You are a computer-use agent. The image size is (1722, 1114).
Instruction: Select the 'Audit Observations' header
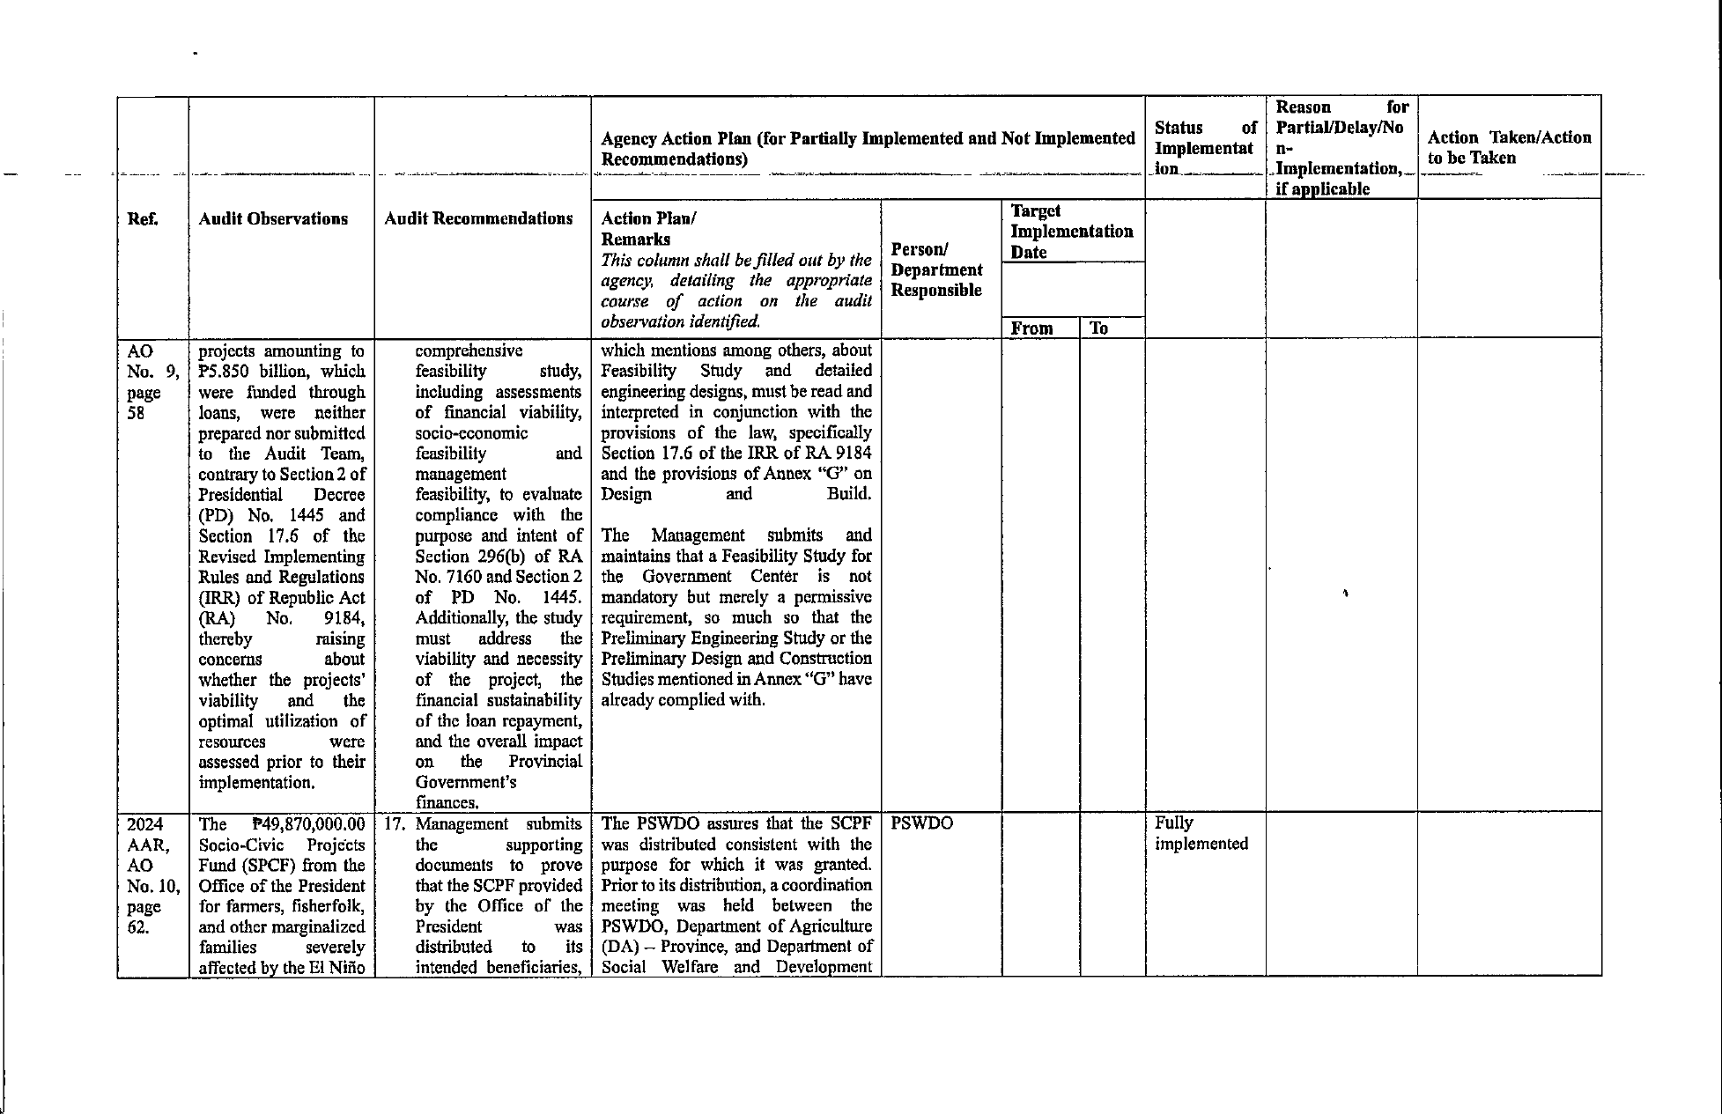tap(273, 219)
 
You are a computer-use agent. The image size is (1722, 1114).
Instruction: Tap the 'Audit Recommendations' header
tap(478, 219)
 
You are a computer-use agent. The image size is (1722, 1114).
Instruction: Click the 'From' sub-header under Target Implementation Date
tap(1031, 328)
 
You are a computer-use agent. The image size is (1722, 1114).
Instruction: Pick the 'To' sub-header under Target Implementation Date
tap(1098, 328)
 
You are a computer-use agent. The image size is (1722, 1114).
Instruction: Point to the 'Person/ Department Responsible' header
tap(936, 269)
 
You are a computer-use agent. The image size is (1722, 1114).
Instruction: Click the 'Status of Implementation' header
tap(1205, 147)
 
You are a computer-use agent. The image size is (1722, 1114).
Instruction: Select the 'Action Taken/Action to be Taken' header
tap(1509, 147)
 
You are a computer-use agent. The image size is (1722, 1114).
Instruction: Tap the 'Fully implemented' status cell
tap(1201, 833)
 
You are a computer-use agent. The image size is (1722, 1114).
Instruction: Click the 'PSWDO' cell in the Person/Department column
tap(921, 823)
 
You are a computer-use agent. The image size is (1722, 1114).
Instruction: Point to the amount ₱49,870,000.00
tap(307, 824)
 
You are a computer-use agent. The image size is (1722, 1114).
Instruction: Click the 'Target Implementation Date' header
tap(1071, 232)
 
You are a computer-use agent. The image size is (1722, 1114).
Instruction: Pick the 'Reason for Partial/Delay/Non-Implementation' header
tap(1341, 147)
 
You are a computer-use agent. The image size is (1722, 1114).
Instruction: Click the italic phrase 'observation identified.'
tap(680, 322)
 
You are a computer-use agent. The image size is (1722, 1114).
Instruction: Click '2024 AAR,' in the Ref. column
tap(147, 834)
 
